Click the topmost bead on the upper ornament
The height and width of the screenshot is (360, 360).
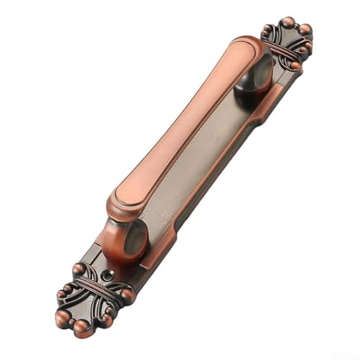[288, 21]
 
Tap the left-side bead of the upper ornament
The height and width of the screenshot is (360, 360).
[268, 30]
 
